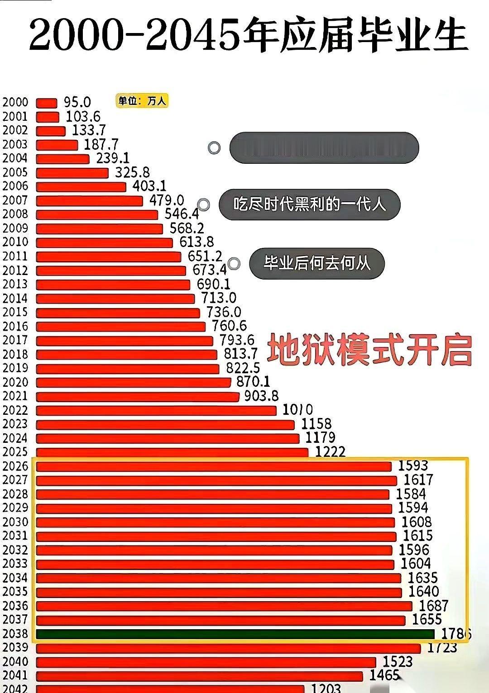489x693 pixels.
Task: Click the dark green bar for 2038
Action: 235,634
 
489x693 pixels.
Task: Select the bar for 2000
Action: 47,103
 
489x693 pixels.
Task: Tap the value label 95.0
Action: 77,102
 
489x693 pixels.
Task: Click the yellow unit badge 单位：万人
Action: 142,101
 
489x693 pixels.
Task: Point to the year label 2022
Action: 15,410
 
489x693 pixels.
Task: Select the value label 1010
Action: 297,410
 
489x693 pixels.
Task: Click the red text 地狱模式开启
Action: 369,350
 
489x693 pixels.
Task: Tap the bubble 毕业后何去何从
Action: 317,263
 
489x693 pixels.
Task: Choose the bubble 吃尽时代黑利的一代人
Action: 310,204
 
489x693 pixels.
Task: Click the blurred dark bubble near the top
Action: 324,147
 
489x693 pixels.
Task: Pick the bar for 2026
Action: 214,466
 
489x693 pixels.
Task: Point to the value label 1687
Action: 433,605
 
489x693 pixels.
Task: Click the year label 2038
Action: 15,634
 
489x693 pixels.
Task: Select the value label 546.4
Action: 182,214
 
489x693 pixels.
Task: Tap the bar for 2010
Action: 104,243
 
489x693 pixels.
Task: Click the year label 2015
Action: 15,312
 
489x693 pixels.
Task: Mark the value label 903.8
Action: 261,396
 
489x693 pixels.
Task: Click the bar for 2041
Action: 199,676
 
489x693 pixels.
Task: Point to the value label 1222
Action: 330,451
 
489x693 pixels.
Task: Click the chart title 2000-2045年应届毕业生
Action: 248,35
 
